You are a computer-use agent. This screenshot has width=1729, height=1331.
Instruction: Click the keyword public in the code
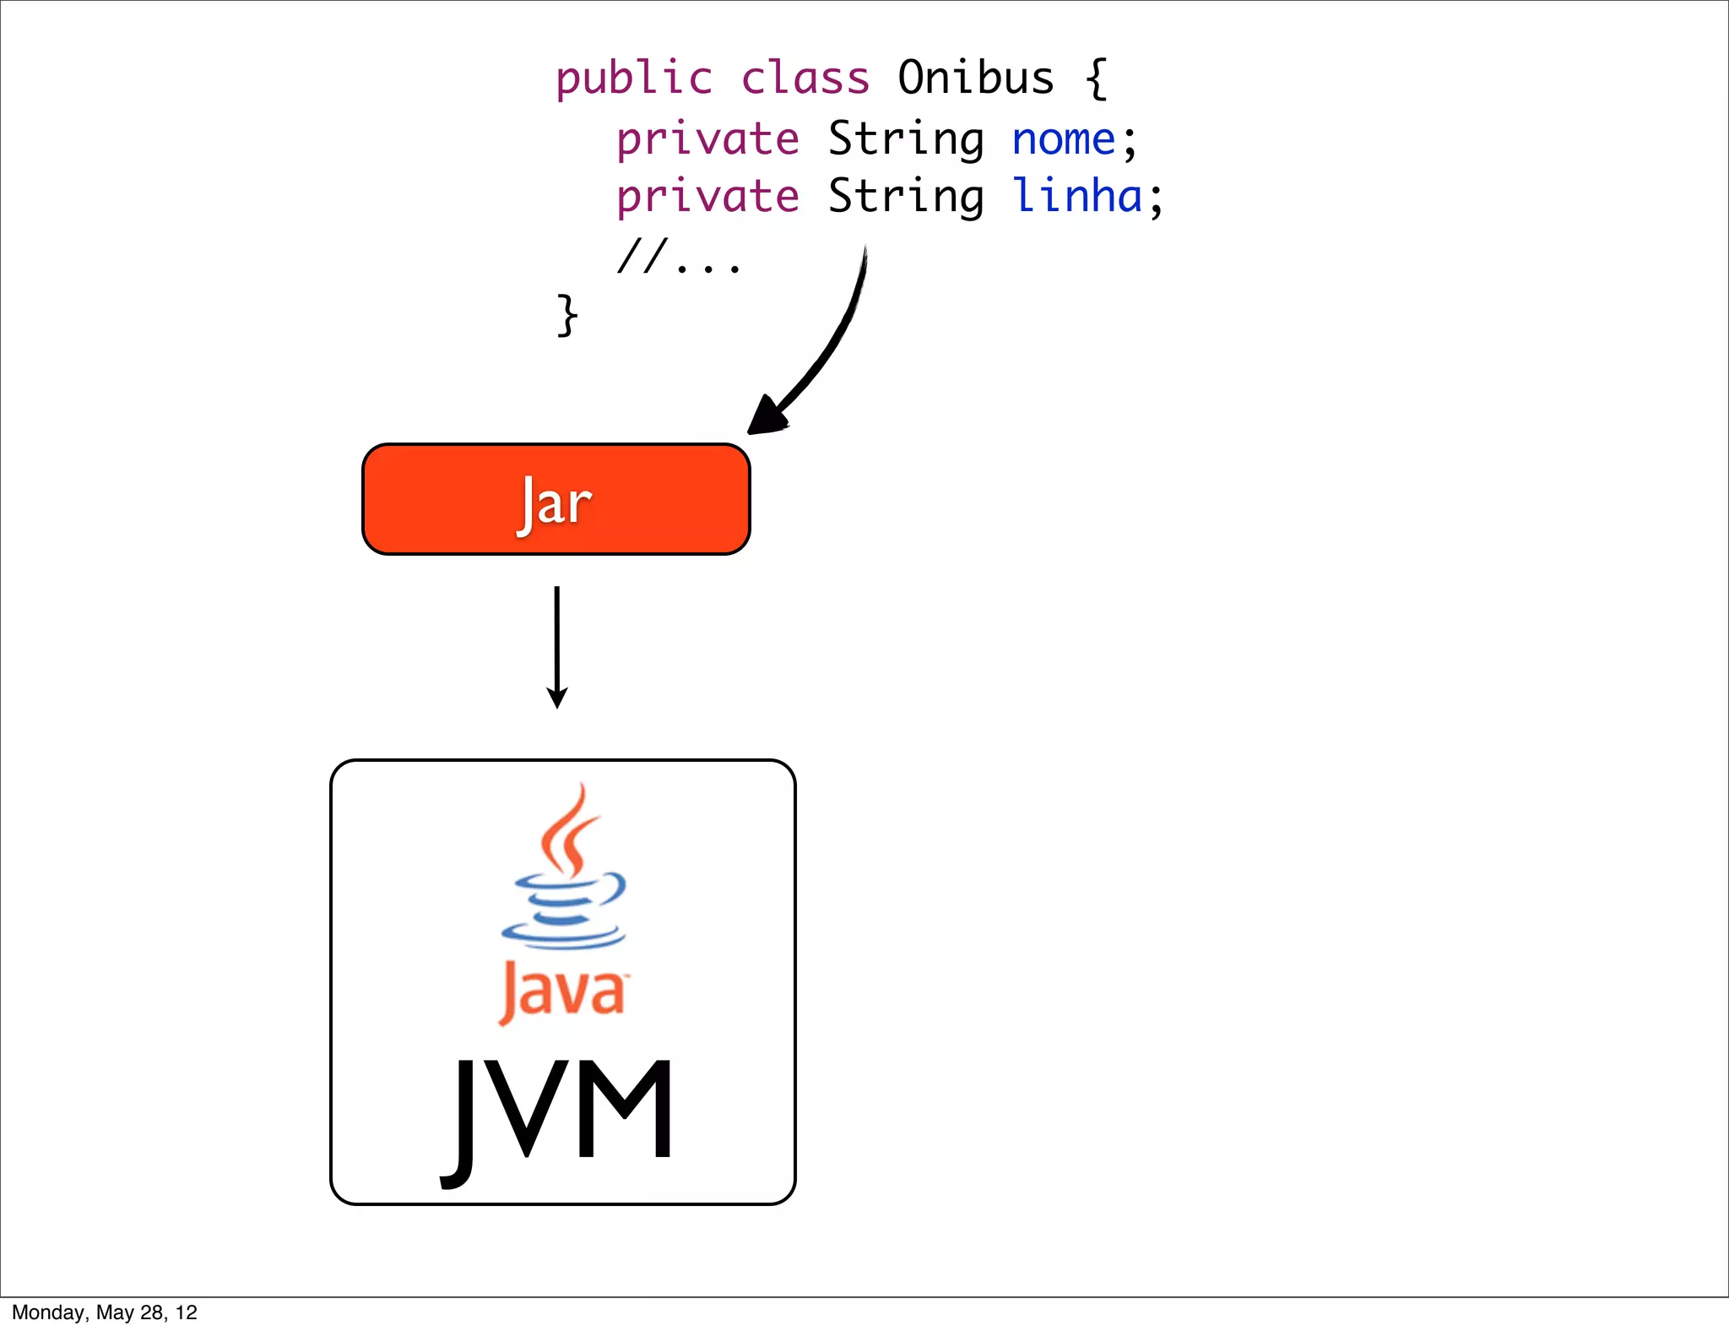point(633,79)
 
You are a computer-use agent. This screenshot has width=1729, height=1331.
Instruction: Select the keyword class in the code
point(805,79)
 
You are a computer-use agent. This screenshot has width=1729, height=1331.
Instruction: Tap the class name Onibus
point(975,79)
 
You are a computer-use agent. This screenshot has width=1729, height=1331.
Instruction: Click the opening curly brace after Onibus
point(1096,79)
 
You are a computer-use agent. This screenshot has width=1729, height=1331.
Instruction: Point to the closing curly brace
point(567,316)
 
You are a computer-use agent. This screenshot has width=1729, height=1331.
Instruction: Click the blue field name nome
point(1064,139)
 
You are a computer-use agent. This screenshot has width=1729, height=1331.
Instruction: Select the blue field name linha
point(1077,197)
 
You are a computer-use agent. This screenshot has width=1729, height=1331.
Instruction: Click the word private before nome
point(707,140)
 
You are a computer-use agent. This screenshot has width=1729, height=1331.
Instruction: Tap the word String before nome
point(906,140)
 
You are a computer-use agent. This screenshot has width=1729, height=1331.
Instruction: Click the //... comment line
point(679,257)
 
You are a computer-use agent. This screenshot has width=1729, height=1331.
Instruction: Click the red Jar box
point(556,499)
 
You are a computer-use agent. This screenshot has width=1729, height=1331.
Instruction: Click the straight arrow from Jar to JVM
point(557,646)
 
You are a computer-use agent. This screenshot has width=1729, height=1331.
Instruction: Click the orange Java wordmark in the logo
point(562,991)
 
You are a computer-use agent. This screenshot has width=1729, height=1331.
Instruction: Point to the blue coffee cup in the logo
point(564,909)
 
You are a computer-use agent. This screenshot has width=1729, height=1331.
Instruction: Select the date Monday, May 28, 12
point(105,1312)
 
